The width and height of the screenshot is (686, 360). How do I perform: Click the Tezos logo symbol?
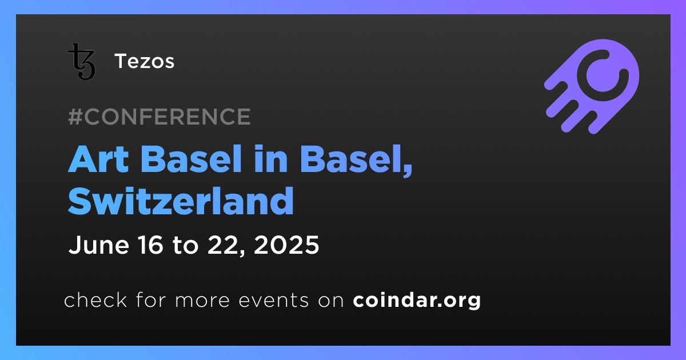click(81, 62)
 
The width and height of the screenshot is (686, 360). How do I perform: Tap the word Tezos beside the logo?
click(145, 61)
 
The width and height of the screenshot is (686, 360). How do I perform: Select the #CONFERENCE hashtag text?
click(159, 117)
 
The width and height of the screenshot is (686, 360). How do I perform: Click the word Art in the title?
click(98, 159)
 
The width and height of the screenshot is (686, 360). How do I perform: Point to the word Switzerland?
click(181, 201)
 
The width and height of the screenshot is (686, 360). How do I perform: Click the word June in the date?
click(99, 245)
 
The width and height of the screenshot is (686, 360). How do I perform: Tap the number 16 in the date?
click(151, 245)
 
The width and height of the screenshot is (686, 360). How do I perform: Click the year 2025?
click(286, 245)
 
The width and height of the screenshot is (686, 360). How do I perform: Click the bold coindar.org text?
click(417, 301)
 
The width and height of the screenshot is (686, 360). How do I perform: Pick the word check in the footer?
click(95, 300)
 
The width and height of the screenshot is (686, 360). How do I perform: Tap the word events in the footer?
click(274, 301)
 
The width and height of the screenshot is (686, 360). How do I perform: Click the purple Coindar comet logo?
click(592, 86)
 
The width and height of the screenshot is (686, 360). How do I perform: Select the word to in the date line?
click(186, 246)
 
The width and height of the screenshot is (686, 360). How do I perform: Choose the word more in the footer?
click(202, 301)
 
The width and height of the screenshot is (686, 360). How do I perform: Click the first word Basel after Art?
click(192, 159)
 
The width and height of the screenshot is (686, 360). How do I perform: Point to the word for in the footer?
click(151, 300)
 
